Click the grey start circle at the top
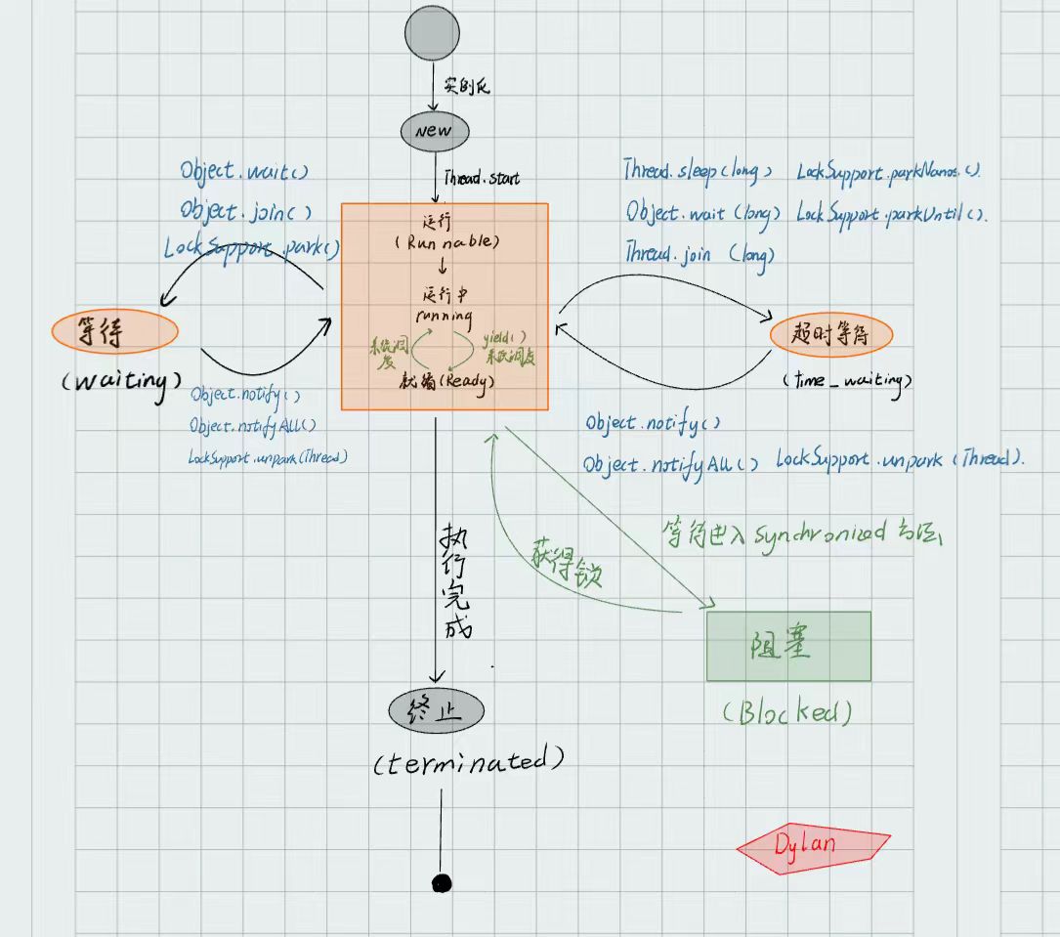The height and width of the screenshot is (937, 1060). click(432, 33)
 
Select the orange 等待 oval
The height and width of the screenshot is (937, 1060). click(114, 331)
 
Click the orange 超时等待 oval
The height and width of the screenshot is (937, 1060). click(831, 335)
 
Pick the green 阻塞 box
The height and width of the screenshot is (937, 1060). click(788, 646)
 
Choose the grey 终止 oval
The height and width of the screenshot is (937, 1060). click(436, 710)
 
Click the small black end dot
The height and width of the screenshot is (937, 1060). click(442, 883)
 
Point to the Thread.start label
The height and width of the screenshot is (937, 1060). click(482, 179)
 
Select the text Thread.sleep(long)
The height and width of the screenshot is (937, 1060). click(698, 170)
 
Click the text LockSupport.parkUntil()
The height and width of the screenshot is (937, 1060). click(892, 214)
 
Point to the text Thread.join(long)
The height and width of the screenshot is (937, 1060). click(700, 254)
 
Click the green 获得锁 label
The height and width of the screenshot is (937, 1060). click(567, 562)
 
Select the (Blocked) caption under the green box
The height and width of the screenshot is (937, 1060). click(786, 712)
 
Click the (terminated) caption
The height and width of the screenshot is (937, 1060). click(469, 760)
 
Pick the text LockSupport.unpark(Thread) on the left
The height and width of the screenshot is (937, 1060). click(268, 456)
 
